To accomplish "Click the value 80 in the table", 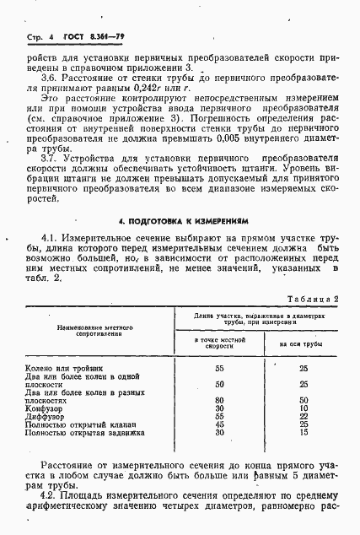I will tap(220, 400).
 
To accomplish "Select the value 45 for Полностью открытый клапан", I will tap(220, 424).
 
